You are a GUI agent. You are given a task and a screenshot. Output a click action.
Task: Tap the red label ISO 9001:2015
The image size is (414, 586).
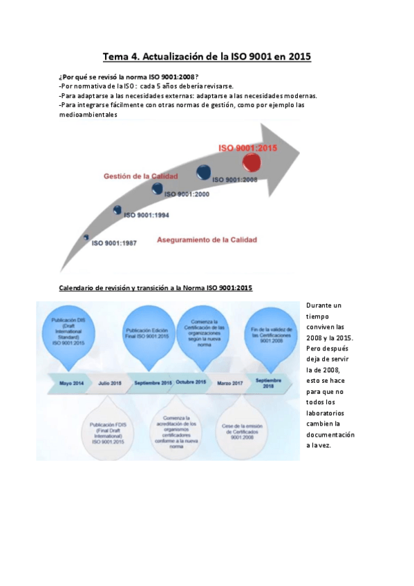pyautogui.click(x=247, y=148)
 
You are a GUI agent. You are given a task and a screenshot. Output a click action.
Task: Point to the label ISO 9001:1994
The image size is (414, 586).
pyautogui.click(x=147, y=216)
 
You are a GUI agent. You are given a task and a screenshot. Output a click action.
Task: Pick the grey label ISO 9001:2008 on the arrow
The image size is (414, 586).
pyautogui.click(x=235, y=180)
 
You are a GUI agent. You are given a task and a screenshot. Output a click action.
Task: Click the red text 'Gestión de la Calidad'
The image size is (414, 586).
pyautogui.click(x=140, y=176)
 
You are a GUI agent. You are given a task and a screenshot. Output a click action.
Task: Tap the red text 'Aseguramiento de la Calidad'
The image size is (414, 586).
pyautogui.click(x=207, y=240)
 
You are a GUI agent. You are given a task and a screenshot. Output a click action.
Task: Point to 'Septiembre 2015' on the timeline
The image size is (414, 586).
pyautogui.click(x=153, y=381)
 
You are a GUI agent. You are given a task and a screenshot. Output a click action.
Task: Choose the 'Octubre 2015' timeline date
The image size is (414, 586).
pyautogui.click(x=191, y=381)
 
